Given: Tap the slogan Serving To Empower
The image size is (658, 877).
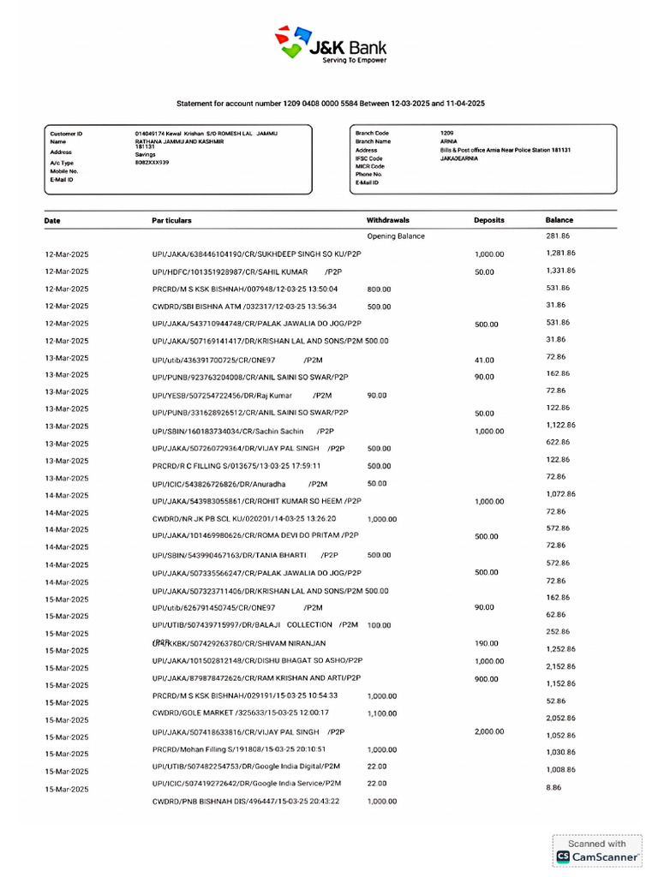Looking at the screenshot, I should tap(354, 61).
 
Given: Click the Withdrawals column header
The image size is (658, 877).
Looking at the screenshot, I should tap(388, 220).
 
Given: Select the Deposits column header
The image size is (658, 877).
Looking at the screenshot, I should tap(489, 220).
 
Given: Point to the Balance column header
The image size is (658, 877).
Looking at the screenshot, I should tap(559, 220).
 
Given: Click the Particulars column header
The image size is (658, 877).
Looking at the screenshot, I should tap(171, 220).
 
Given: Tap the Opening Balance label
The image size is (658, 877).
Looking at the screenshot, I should tap(396, 236).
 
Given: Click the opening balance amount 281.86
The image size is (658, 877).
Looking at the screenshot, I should tap(558, 236).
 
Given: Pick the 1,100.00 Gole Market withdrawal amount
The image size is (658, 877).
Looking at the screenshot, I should tap(382, 713).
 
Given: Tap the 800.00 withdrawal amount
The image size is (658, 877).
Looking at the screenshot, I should tap(379, 289).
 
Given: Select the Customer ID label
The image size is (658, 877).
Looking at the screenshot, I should tap(66, 134).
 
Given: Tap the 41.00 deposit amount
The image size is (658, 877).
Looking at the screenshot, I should tap(484, 361).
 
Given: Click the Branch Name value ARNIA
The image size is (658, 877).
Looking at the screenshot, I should tap(448, 141).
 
